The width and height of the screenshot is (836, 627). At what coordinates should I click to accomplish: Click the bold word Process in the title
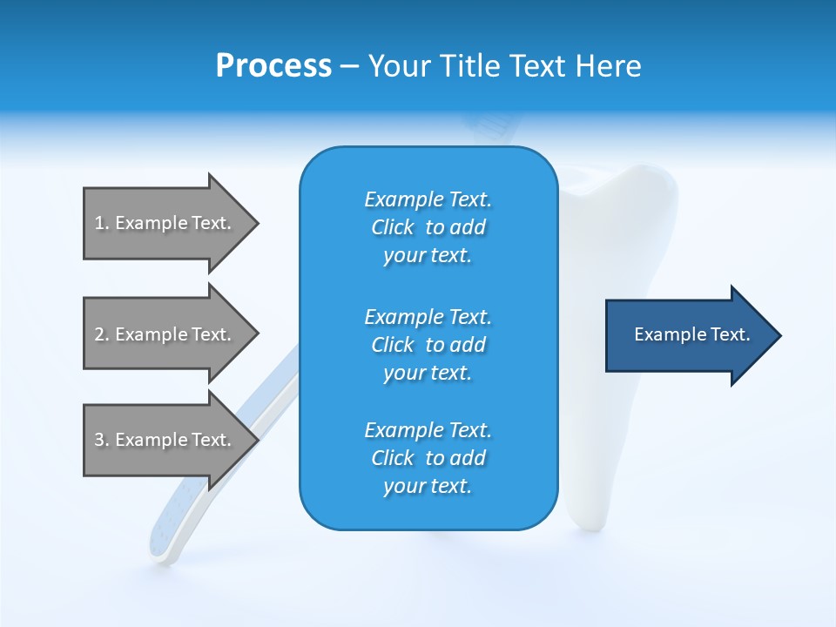pyautogui.click(x=273, y=66)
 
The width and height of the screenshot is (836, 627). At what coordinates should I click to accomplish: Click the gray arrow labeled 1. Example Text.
pyautogui.click(x=165, y=223)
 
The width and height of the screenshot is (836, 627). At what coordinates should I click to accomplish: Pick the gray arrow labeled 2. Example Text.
pyautogui.click(x=165, y=334)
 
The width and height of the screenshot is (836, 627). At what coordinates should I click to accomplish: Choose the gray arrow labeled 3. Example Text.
pyautogui.click(x=165, y=440)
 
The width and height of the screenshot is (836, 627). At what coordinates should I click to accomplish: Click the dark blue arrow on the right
pyautogui.click(x=688, y=335)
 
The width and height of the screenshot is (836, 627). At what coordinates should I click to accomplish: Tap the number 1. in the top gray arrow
pyautogui.click(x=102, y=223)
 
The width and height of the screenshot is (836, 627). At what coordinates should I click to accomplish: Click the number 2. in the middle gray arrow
pyautogui.click(x=102, y=334)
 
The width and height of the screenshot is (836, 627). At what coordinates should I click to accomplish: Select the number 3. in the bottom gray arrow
pyautogui.click(x=102, y=440)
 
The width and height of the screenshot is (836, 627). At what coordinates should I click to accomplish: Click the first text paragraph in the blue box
pyautogui.click(x=428, y=227)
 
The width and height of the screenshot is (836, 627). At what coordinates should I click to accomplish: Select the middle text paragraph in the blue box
pyautogui.click(x=428, y=345)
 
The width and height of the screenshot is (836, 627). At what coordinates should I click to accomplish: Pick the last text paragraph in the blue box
pyautogui.click(x=428, y=458)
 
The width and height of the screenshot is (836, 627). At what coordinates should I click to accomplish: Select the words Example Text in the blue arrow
pyautogui.click(x=691, y=334)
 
